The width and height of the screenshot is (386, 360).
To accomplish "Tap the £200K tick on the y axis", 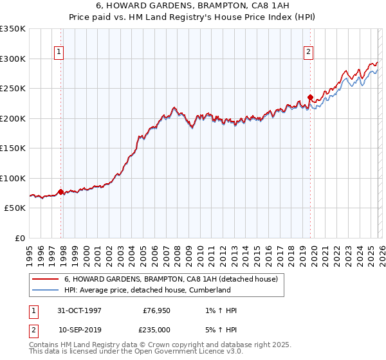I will [x=13, y=118].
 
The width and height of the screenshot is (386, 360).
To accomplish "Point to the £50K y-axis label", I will [x=15, y=208].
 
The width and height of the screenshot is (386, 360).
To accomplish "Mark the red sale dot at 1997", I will [x=61, y=192].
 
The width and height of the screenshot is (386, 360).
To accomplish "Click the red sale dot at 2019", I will [x=310, y=98].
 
